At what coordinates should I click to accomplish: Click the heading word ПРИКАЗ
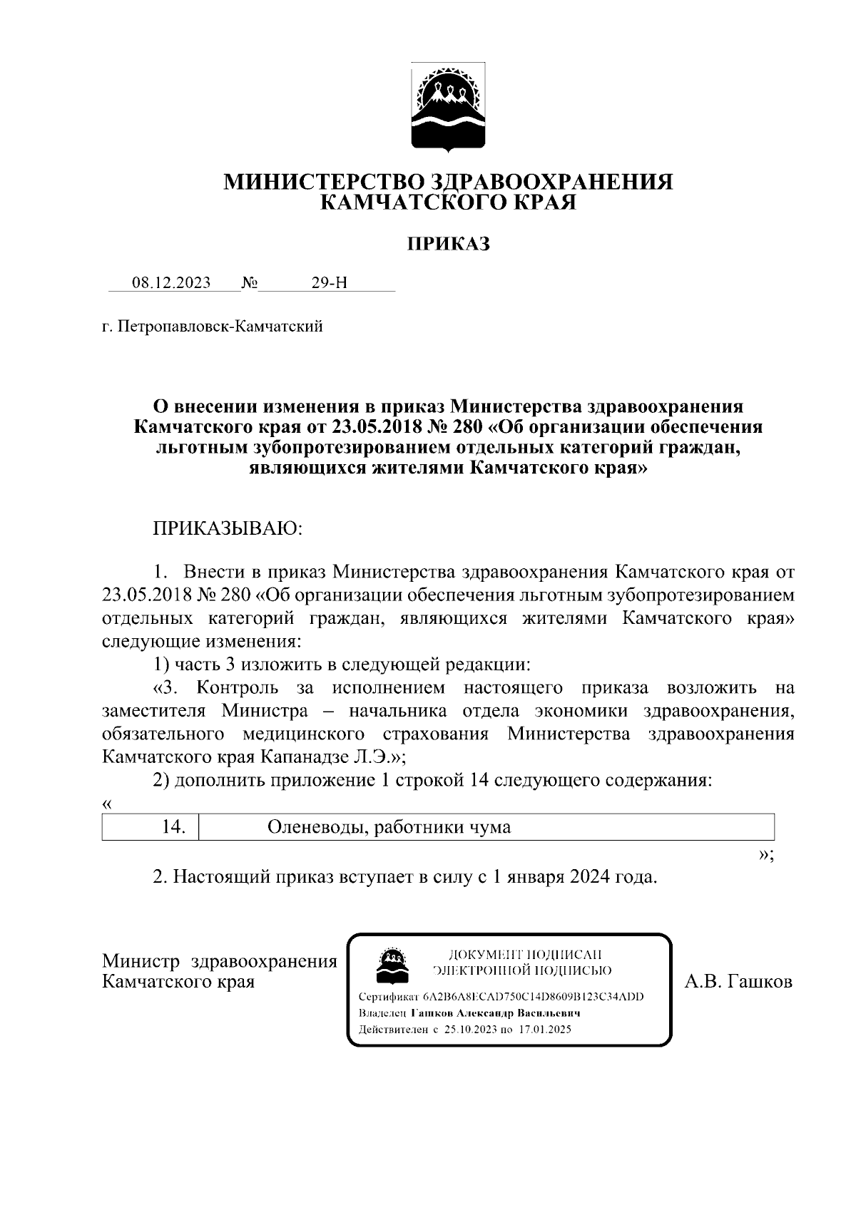(449, 245)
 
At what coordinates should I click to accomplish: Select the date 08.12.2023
(171, 282)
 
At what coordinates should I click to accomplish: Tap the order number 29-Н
(329, 282)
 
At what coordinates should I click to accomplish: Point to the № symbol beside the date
(250, 282)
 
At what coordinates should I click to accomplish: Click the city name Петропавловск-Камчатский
(220, 327)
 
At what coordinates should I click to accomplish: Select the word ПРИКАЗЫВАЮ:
(228, 528)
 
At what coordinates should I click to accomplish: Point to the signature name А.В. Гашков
(738, 982)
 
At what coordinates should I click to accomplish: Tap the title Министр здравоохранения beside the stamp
(220, 961)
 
